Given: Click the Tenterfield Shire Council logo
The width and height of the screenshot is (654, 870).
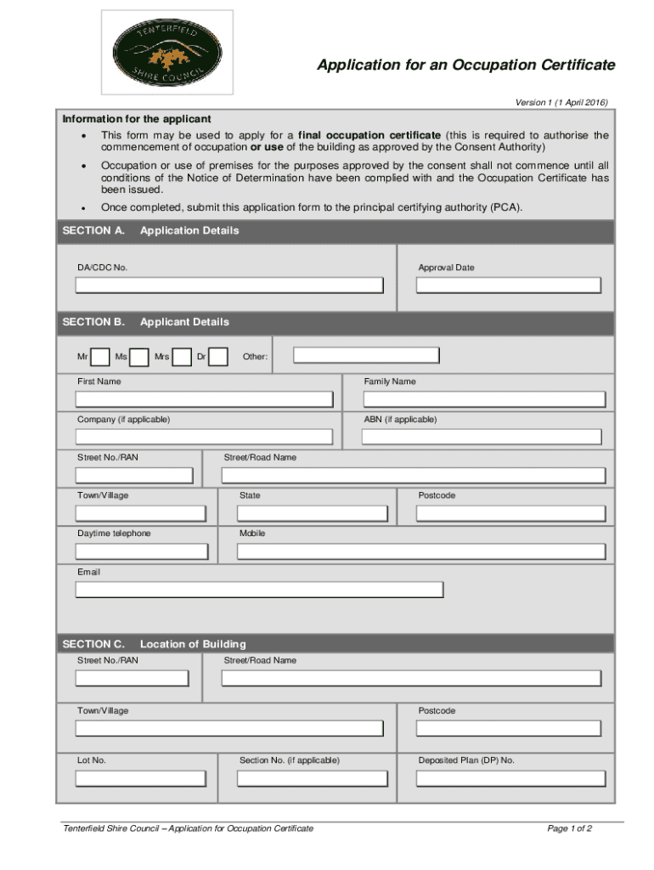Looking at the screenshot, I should pos(167,52).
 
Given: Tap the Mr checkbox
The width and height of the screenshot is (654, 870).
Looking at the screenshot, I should pos(99,357).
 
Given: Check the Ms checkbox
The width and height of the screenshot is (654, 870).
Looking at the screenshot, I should pos(139,357).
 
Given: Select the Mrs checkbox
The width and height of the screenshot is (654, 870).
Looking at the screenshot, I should pos(181,357).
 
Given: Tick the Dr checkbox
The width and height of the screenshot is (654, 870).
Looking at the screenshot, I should pos(218,357).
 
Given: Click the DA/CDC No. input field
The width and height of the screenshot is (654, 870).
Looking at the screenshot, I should pos(229,285).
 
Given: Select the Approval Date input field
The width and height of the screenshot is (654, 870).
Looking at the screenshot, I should pos(509,285).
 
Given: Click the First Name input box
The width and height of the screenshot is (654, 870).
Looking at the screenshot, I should pos(204,399).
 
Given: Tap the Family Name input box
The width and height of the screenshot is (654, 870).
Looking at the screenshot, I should pos(484,399).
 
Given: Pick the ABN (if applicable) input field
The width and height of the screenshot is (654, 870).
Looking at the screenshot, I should pos(482,437).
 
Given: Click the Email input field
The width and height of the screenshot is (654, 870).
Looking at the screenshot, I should pos(259,590).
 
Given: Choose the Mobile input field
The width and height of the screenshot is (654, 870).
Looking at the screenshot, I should pos(421,551).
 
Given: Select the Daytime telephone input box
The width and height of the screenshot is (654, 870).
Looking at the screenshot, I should pos(142,551).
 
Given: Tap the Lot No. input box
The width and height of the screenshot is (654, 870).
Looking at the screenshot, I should pos(140,778).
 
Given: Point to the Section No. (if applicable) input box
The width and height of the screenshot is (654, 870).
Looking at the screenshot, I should pos(307,778).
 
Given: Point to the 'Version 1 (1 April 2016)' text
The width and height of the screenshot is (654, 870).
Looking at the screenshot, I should pos(561,103).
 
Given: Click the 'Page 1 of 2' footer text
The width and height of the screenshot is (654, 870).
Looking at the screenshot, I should pos(569,828).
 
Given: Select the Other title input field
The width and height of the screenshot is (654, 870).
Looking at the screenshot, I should pos(366,355).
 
